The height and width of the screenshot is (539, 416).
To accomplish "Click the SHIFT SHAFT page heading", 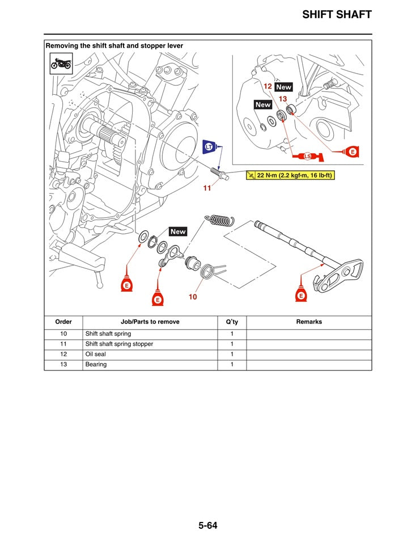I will [x=337, y=14].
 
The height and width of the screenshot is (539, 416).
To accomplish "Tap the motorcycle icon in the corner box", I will [x=61, y=63].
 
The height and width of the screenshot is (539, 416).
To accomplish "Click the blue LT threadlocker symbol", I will [x=210, y=148].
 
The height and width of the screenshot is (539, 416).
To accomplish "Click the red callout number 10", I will [x=193, y=297].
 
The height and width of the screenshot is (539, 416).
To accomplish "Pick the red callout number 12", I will [x=268, y=86].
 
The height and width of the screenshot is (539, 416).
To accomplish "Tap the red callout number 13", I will [x=283, y=99].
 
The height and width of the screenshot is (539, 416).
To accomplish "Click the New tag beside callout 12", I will [x=283, y=87].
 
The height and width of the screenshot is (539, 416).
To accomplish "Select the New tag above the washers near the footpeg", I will [x=178, y=231].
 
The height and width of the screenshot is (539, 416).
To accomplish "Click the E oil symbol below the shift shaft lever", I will [x=302, y=294].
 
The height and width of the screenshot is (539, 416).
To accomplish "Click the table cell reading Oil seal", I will [x=95, y=354].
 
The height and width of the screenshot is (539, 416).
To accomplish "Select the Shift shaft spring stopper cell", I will [x=119, y=344].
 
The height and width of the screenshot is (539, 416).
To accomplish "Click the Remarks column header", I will [x=309, y=322].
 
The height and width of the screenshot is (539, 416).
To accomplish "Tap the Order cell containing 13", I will [x=63, y=364].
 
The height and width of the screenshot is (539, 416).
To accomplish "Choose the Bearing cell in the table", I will [x=96, y=364].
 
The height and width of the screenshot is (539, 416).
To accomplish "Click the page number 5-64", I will [x=207, y=525].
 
